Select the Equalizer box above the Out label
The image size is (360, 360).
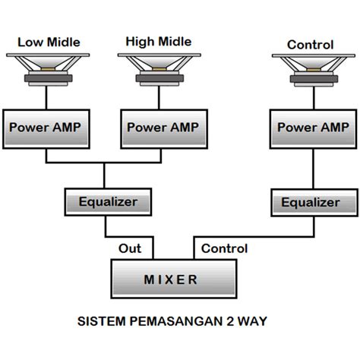pos(108,202)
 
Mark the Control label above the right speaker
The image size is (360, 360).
pos(310,45)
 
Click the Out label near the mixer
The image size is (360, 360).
pos(130,248)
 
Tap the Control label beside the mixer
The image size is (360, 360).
pos(224,248)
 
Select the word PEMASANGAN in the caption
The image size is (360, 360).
pos(175,321)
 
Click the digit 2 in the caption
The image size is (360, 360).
pos(227,321)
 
